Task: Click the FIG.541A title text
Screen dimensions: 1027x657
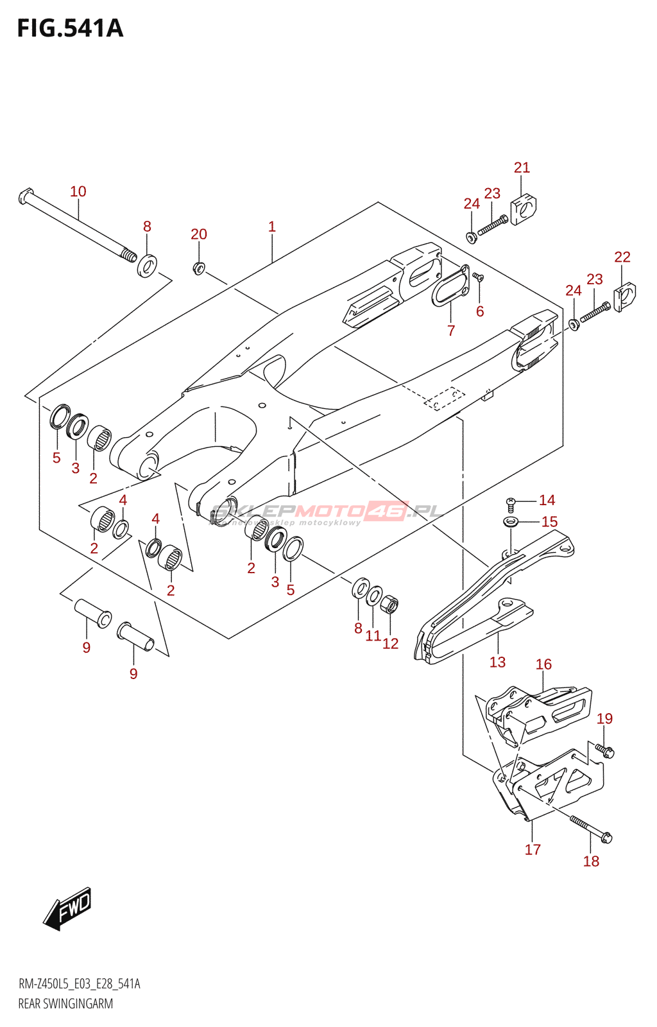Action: click(x=70, y=29)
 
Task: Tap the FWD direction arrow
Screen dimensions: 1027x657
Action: click(x=68, y=908)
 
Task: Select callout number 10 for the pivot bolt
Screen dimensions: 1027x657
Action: click(x=78, y=191)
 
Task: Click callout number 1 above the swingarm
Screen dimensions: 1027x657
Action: click(x=272, y=227)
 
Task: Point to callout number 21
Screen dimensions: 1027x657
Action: click(x=522, y=168)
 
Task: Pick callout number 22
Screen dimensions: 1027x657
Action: click(x=622, y=257)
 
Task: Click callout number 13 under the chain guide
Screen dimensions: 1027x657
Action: click(x=497, y=662)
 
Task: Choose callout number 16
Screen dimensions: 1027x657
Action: click(x=543, y=664)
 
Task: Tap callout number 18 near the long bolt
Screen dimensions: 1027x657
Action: click(x=591, y=861)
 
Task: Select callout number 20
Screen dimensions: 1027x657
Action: click(x=199, y=234)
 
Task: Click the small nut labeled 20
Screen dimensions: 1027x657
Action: click(x=199, y=268)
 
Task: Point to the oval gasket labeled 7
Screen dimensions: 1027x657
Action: click(x=449, y=286)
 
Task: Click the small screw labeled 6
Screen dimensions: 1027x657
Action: click(x=478, y=277)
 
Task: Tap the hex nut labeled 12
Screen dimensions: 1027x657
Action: click(x=389, y=605)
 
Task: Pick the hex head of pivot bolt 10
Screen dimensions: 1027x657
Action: click(x=25, y=195)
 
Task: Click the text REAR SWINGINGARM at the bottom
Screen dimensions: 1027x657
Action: click(x=65, y=1004)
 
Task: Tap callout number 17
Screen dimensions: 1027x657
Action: click(x=533, y=850)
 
